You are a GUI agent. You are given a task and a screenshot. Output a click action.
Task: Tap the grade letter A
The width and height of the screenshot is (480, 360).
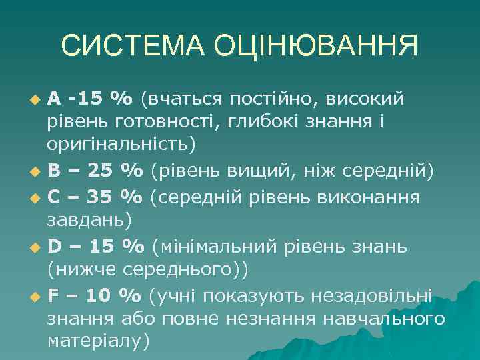[x=55, y=99]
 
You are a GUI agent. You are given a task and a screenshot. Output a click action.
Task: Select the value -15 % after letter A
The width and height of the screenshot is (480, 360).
[x=101, y=99]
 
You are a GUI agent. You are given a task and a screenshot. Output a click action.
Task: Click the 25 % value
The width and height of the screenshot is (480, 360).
[x=115, y=172]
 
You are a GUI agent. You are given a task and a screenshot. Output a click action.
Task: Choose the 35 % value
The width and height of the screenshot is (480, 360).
[x=115, y=197]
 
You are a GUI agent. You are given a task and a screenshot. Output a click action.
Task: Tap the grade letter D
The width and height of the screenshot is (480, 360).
[x=55, y=246]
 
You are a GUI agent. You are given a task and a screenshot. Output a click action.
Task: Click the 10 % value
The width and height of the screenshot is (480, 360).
[x=113, y=295]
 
